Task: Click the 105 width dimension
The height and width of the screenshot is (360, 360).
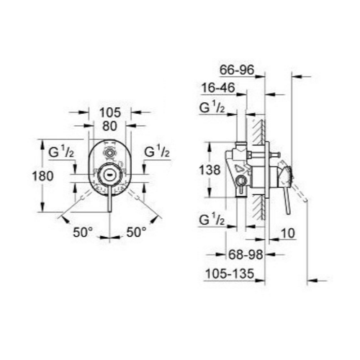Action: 109,113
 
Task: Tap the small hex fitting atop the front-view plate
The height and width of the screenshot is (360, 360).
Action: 109,153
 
